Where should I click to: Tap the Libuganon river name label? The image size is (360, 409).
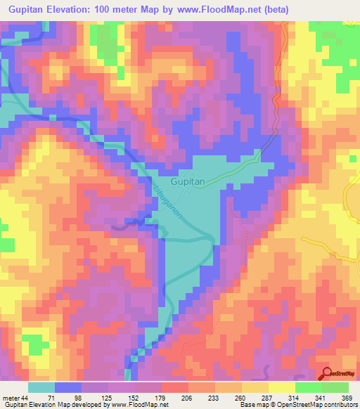click(x=168, y=202)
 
